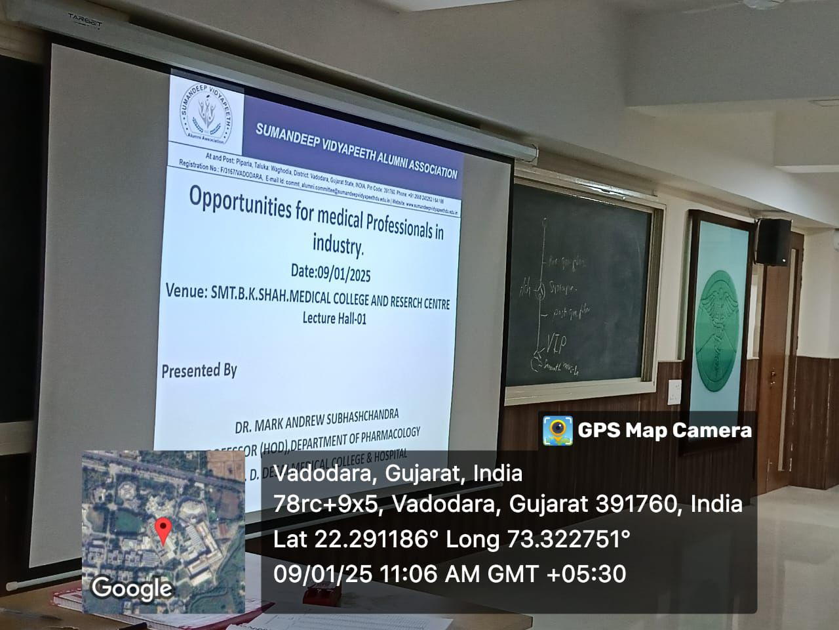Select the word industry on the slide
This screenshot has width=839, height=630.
[x=337, y=245]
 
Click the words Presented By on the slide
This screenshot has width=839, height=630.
[x=199, y=370]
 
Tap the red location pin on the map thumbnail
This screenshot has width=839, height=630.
[x=163, y=529]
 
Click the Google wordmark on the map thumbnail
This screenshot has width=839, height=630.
[x=131, y=587]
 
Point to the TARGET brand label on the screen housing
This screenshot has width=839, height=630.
[x=77, y=23]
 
